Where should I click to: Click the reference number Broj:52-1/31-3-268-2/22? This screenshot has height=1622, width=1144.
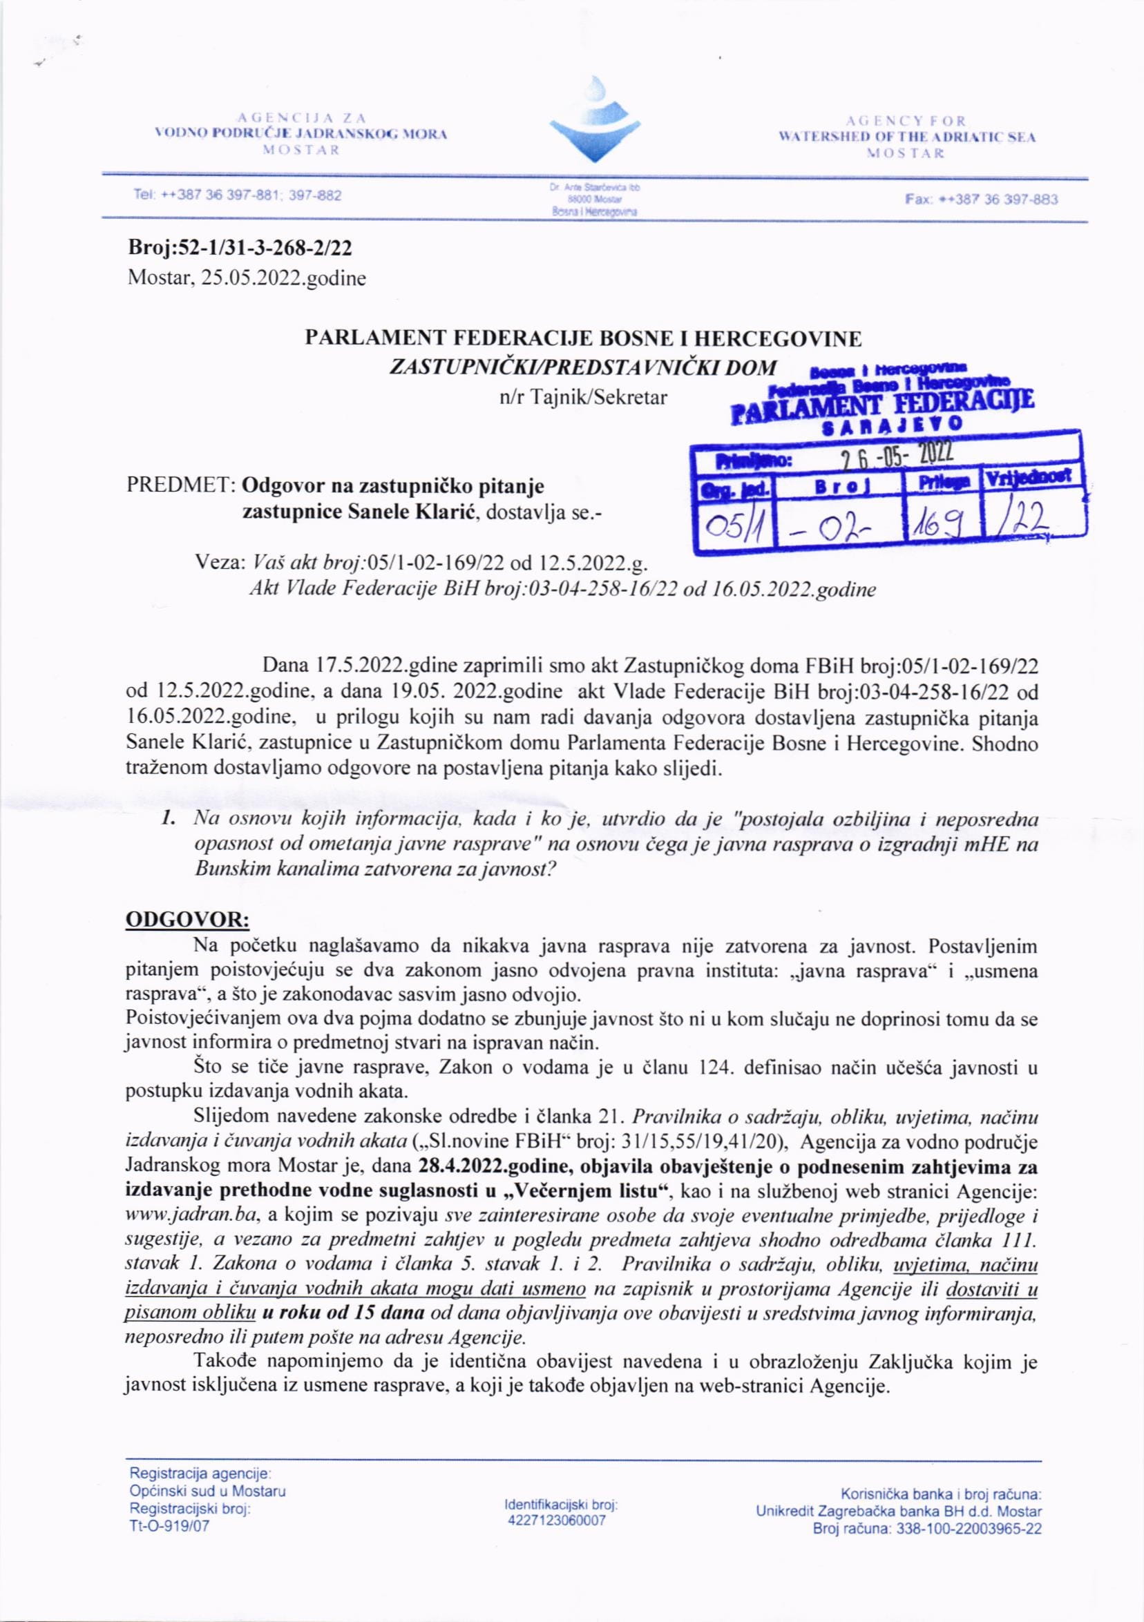tap(240, 249)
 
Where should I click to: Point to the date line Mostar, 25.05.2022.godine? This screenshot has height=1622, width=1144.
tap(247, 278)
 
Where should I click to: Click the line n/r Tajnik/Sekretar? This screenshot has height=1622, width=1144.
tap(583, 398)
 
